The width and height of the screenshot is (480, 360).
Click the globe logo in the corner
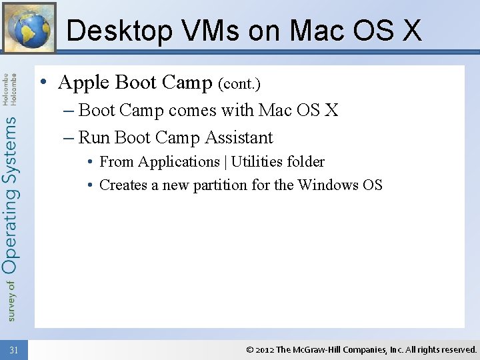[29, 27]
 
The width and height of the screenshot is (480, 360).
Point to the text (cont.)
[239, 84]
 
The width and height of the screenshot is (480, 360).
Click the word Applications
[179, 162]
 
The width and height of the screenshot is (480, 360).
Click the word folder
[307, 162]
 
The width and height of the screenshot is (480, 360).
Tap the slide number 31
[15, 349]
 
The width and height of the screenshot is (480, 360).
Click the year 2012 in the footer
[265, 349]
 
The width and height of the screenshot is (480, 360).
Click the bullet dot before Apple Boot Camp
[42, 83]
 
